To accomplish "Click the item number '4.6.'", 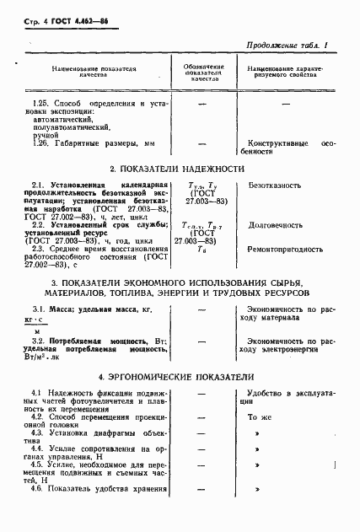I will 38,488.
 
